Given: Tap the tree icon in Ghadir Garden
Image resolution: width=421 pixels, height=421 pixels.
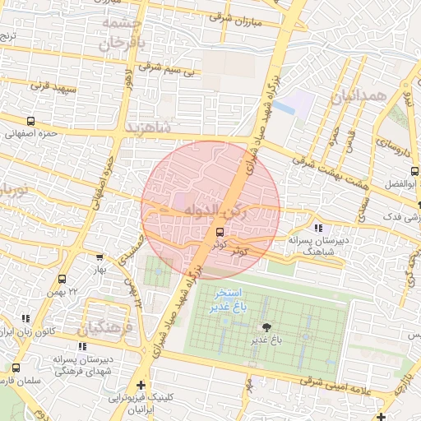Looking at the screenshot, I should pyautogui.click(x=264, y=327).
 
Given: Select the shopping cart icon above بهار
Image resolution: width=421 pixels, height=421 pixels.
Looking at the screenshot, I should pyautogui.click(x=99, y=257).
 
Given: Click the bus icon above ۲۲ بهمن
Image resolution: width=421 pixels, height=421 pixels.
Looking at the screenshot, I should pyautogui.click(x=62, y=280).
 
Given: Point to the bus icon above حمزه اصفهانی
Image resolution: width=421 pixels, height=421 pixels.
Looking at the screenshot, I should pyautogui.click(x=30, y=120).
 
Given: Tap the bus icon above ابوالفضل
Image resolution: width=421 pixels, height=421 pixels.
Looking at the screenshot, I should pyautogui.click(x=413, y=171).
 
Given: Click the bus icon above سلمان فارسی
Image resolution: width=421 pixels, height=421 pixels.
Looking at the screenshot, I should pyautogui.click(x=16, y=367).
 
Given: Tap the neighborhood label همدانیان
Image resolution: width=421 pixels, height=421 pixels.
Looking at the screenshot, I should pyautogui.click(x=359, y=96).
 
